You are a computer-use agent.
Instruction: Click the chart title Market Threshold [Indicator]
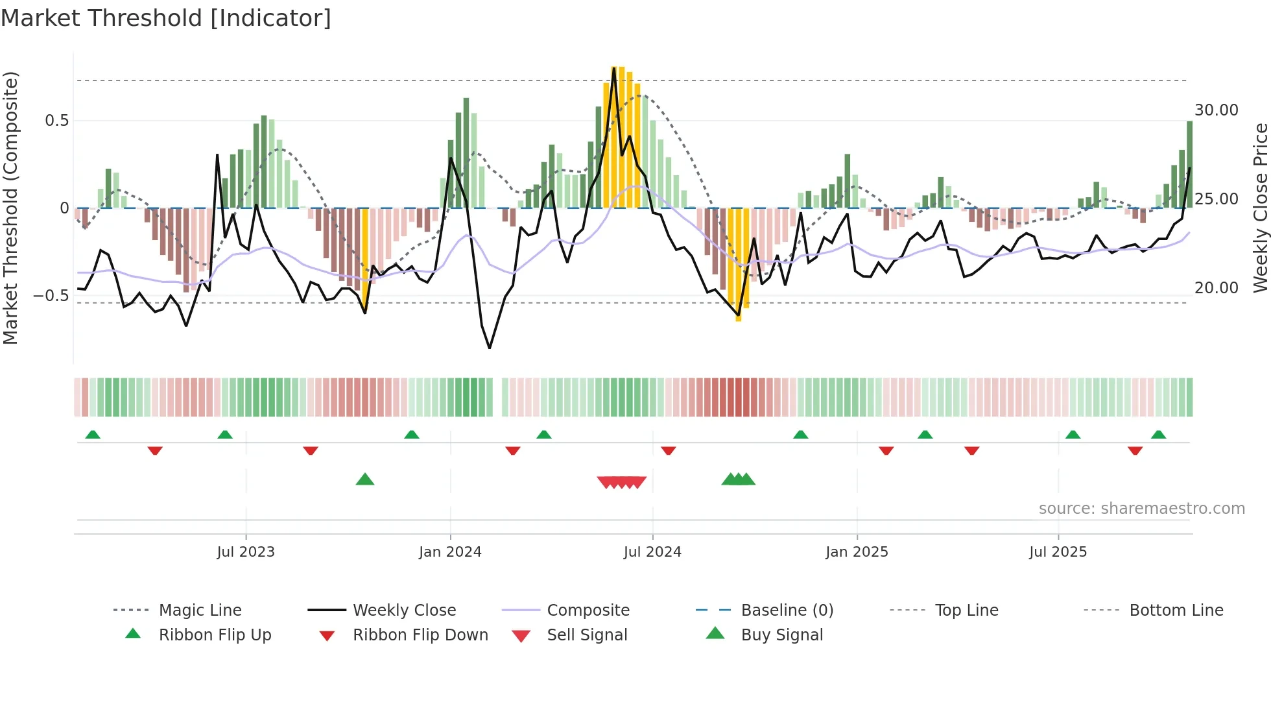[x=166, y=18]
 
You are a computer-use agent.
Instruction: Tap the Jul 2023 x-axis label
[x=246, y=552]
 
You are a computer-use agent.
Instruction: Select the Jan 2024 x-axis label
[x=450, y=552]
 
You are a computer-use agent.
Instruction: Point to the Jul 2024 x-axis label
[x=652, y=552]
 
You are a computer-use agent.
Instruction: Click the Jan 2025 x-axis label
[x=857, y=552]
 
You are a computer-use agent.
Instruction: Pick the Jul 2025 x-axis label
[x=1058, y=552]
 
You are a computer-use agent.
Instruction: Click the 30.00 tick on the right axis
[x=1216, y=110]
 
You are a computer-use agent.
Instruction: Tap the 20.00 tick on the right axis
[x=1216, y=288]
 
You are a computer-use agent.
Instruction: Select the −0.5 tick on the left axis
[x=51, y=296]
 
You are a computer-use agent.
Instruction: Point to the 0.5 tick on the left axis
[x=56, y=121]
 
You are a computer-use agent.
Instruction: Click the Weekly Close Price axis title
[x=1260, y=208]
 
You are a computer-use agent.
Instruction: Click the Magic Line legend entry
[x=200, y=611]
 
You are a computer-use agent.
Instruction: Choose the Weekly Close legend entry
[x=404, y=611]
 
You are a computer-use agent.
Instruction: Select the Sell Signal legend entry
[x=587, y=635]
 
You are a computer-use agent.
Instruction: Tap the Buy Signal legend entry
[x=781, y=635]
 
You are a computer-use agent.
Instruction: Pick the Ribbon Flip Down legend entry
[x=420, y=635]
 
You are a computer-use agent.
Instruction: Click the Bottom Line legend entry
[x=1176, y=611]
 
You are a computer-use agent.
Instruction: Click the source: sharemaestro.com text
[x=1141, y=509]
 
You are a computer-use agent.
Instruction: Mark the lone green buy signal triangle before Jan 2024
[x=365, y=479]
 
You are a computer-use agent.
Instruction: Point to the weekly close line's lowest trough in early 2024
[x=490, y=348]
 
